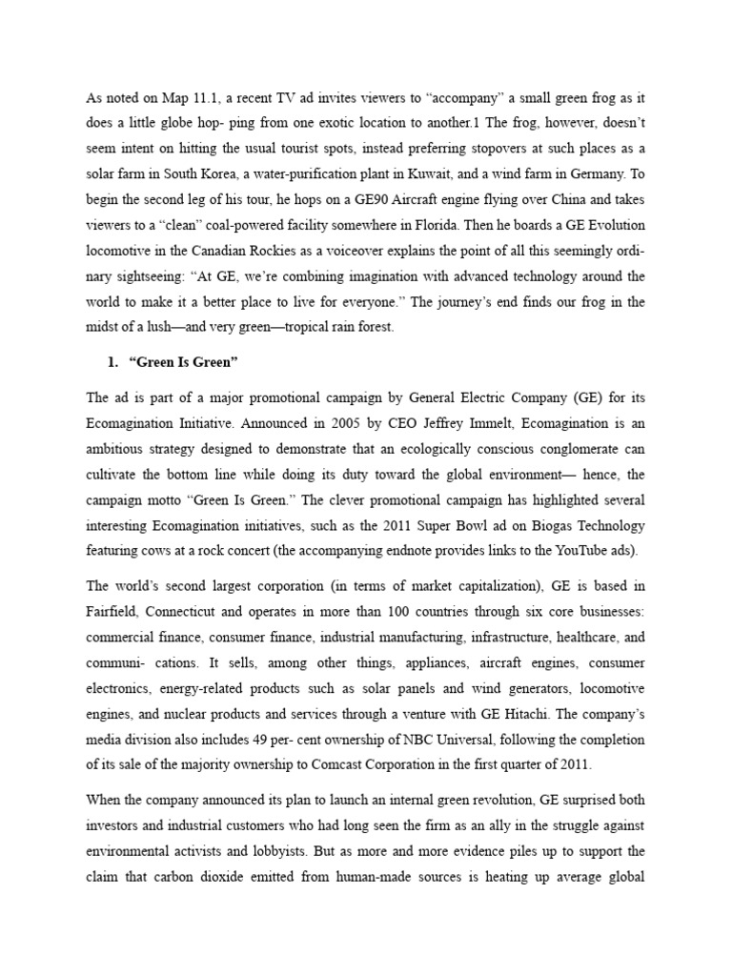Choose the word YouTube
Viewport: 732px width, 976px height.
coord(577,552)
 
